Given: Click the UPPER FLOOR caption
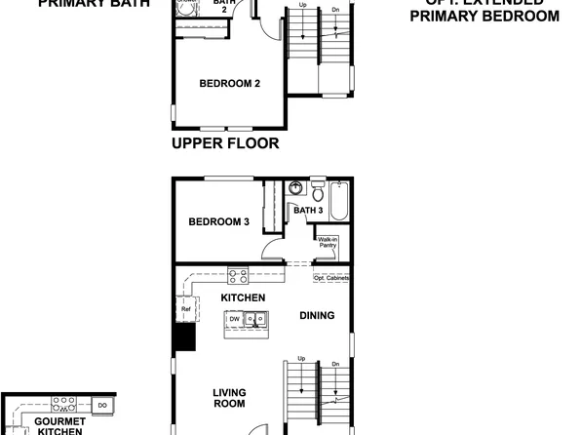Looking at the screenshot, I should [225, 143].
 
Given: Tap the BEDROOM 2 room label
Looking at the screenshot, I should [229, 84].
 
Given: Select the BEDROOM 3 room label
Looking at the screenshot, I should [219, 222].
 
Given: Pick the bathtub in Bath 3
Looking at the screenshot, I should [338, 201].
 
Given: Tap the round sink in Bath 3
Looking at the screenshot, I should [295, 187].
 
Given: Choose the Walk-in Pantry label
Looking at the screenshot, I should [328, 242].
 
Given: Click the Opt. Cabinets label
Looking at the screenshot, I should [331, 278].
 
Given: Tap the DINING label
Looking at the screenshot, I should [318, 315].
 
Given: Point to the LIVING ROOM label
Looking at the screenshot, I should [229, 398].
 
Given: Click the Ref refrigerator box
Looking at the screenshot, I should [185, 309].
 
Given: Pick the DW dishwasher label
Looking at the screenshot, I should [234, 319].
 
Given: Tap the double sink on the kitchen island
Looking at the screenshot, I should [256, 319].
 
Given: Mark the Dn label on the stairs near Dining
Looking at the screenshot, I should [334, 365].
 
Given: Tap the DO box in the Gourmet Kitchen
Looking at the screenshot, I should [102, 404].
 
